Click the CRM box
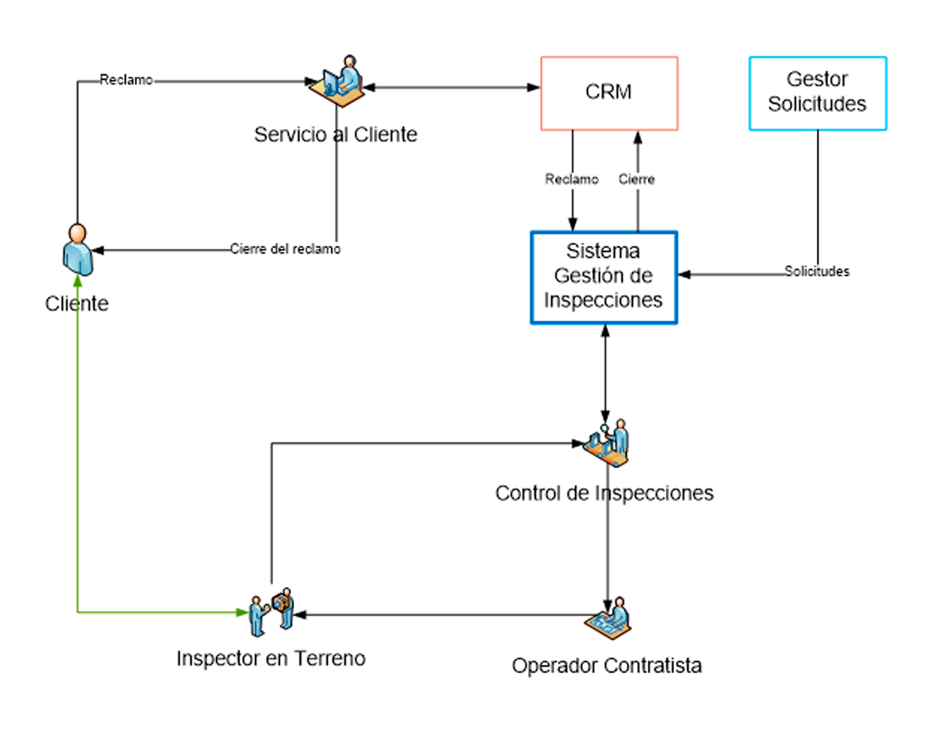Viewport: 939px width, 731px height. tap(609, 93)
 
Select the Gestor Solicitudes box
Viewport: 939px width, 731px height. tap(817, 93)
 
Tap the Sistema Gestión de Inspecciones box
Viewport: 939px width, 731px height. tap(604, 277)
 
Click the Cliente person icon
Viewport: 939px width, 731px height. tap(77, 250)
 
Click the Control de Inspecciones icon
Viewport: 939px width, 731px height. tap(607, 444)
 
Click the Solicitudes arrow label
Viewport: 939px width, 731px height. tap(817, 272)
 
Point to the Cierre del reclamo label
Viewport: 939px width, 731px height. tap(286, 249)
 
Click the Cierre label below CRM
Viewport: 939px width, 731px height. tap(636, 179)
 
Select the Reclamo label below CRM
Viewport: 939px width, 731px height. tap(572, 179)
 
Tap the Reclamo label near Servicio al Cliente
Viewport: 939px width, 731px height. tap(126, 80)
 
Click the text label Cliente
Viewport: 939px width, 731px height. tap(77, 304)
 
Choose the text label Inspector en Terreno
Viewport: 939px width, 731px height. tap(271, 658)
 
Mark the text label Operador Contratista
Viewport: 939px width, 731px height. tap(606, 666)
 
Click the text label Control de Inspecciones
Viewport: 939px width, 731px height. tap(604, 493)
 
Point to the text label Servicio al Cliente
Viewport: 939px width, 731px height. tap(336, 135)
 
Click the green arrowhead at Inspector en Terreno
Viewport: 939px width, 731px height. tap(242, 611)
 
